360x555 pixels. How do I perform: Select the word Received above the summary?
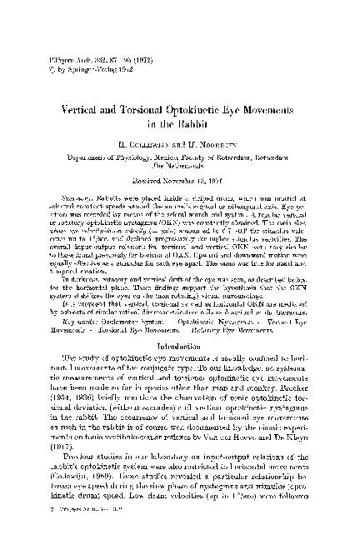148,202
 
